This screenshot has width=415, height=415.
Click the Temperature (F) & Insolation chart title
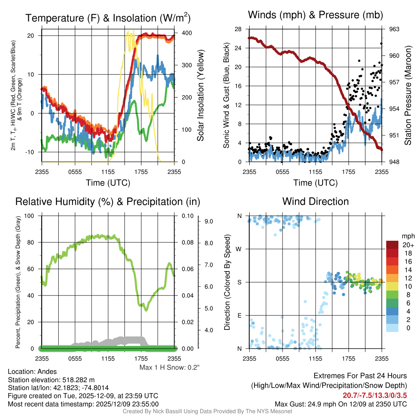pos(108,18)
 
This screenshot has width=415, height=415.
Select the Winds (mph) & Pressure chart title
pos(315,15)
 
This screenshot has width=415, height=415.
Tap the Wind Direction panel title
pos(315,201)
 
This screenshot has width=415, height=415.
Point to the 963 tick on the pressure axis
pos(395,29)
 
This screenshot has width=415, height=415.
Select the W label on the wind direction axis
pos(239,249)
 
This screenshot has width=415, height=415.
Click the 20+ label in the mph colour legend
pos(408,245)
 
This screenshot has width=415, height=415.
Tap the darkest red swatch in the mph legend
pos(393,245)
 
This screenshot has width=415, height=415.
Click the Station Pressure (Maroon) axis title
pos(408,95)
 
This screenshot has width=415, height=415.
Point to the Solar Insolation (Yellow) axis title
pos(200,96)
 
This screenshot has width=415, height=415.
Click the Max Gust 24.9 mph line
pos(340,404)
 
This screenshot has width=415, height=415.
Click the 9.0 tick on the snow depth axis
pos(209,221)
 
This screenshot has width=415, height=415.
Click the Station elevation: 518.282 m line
pos(51,380)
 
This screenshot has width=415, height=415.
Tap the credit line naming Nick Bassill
pos(207,411)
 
